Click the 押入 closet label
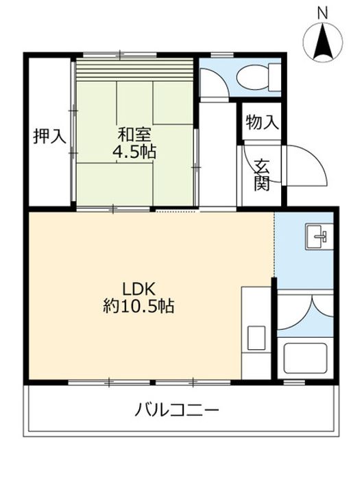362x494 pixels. pyautogui.click(x=50, y=137)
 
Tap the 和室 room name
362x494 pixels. pyautogui.click(x=135, y=135)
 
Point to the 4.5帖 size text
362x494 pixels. pyautogui.click(x=134, y=152)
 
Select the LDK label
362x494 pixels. pyautogui.click(x=138, y=288)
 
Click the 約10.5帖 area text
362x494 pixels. pyautogui.click(x=138, y=305)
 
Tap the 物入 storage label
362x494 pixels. pyautogui.click(x=262, y=122)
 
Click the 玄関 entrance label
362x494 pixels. pyautogui.click(x=262, y=175)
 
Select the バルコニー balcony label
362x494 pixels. pyautogui.click(x=177, y=410)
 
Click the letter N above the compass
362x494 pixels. pyautogui.click(x=322, y=13)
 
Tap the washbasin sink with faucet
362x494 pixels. pyautogui.click(x=319, y=237)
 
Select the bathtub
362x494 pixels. pyautogui.click(x=305, y=358)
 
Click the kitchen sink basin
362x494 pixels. pyautogui.click(x=256, y=338)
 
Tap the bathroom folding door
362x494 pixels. pyautogui.click(x=305, y=313)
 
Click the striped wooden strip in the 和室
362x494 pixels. pyautogui.click(x=135, y=69)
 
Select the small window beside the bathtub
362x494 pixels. pyautogui.click(x=294, y=382)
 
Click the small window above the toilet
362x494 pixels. pyautogui.click(x=222, y=55)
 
